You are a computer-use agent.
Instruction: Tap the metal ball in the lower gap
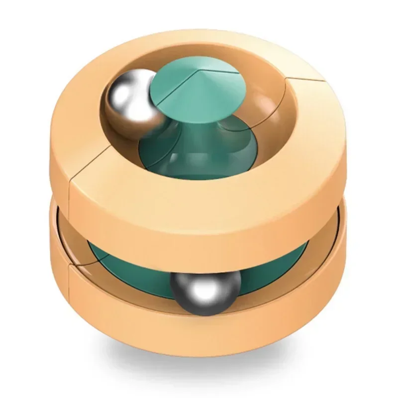pyautogui.click(x=205, y=291)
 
